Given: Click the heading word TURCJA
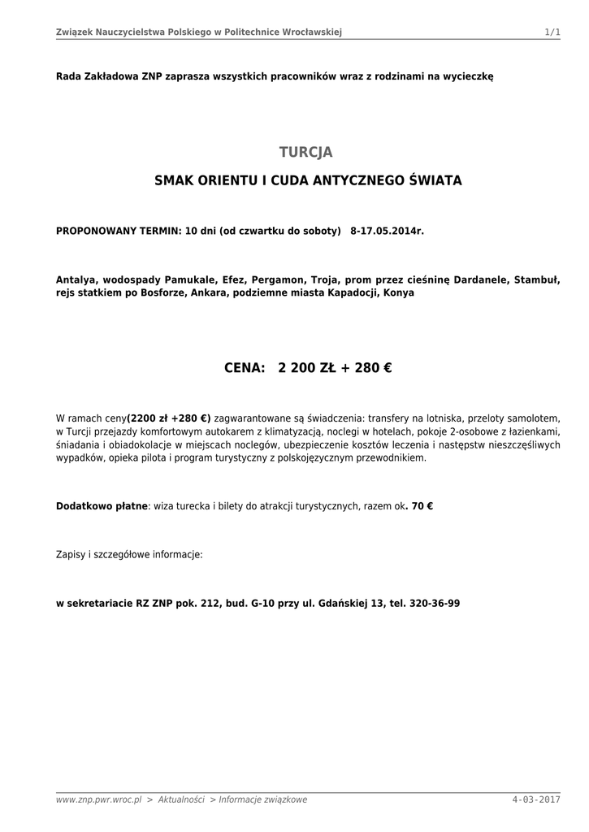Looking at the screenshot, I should click(305, 153).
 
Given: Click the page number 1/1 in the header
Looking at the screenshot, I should click(552, 32).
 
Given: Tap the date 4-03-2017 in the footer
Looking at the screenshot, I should click(536, 799).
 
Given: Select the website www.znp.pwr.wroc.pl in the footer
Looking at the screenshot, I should click(99, 799).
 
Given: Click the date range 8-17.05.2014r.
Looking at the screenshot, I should click(388, 231).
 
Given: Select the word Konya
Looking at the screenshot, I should click(399, 292).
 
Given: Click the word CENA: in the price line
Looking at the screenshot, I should click(245, 368).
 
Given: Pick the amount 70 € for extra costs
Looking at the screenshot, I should click(422, 505).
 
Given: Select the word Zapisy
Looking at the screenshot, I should click(71, 554).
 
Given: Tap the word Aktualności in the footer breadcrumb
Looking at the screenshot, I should click(181, 799).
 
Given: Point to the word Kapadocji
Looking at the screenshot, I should click(343, 292).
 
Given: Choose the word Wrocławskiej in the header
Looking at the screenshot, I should click(311, 32).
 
